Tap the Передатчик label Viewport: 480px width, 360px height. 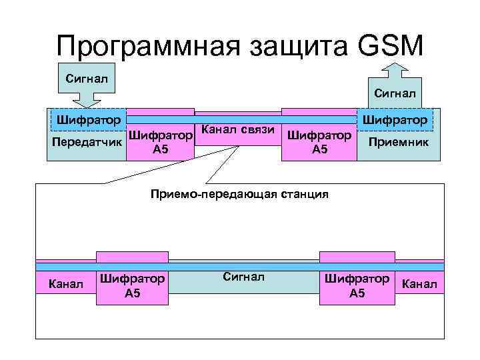point(87,142)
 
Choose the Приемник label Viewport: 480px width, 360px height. point(399,142)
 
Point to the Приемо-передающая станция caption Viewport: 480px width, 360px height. point(240,195)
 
